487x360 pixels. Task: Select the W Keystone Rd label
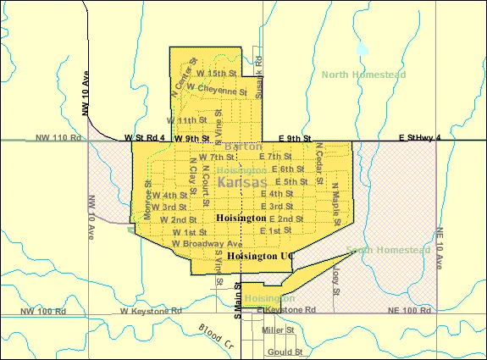pos(151,311)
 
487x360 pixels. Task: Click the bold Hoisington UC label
pos(264,255)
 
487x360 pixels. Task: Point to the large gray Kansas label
pos(242,182)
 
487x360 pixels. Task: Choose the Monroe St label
pos(147,194)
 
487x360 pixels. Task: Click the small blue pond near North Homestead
pos(362,49)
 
